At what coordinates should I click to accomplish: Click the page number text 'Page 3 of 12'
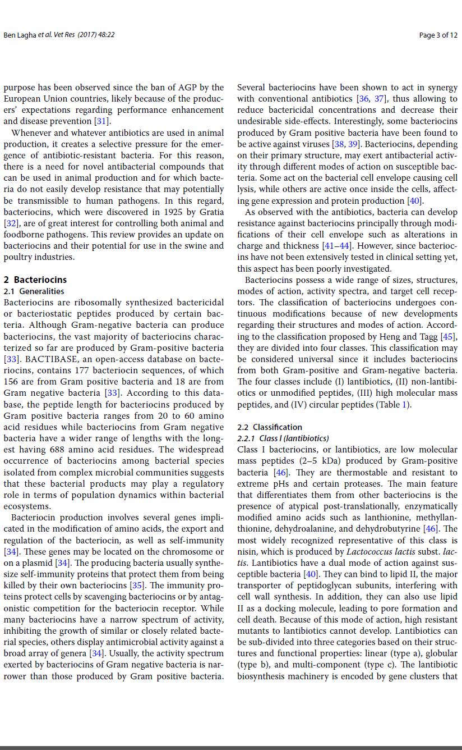pyautogui.click(x=438, y=35)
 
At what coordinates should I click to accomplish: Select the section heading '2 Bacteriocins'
pyautogui.click(x=35, y=280)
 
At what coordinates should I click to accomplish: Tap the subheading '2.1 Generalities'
pyautogui.click(x=34, y=291)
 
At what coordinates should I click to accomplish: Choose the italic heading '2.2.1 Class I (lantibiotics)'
pyautogui.click(x=283, y=438)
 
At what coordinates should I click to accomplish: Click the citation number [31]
pyautogui.click(x=100, y=121)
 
